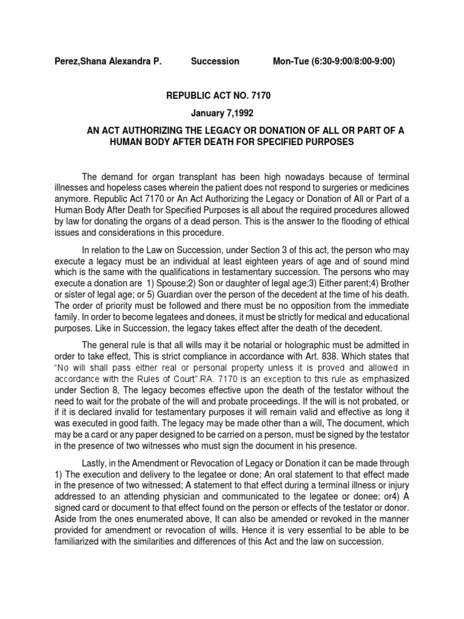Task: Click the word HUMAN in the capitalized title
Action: (x=124, y=141)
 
